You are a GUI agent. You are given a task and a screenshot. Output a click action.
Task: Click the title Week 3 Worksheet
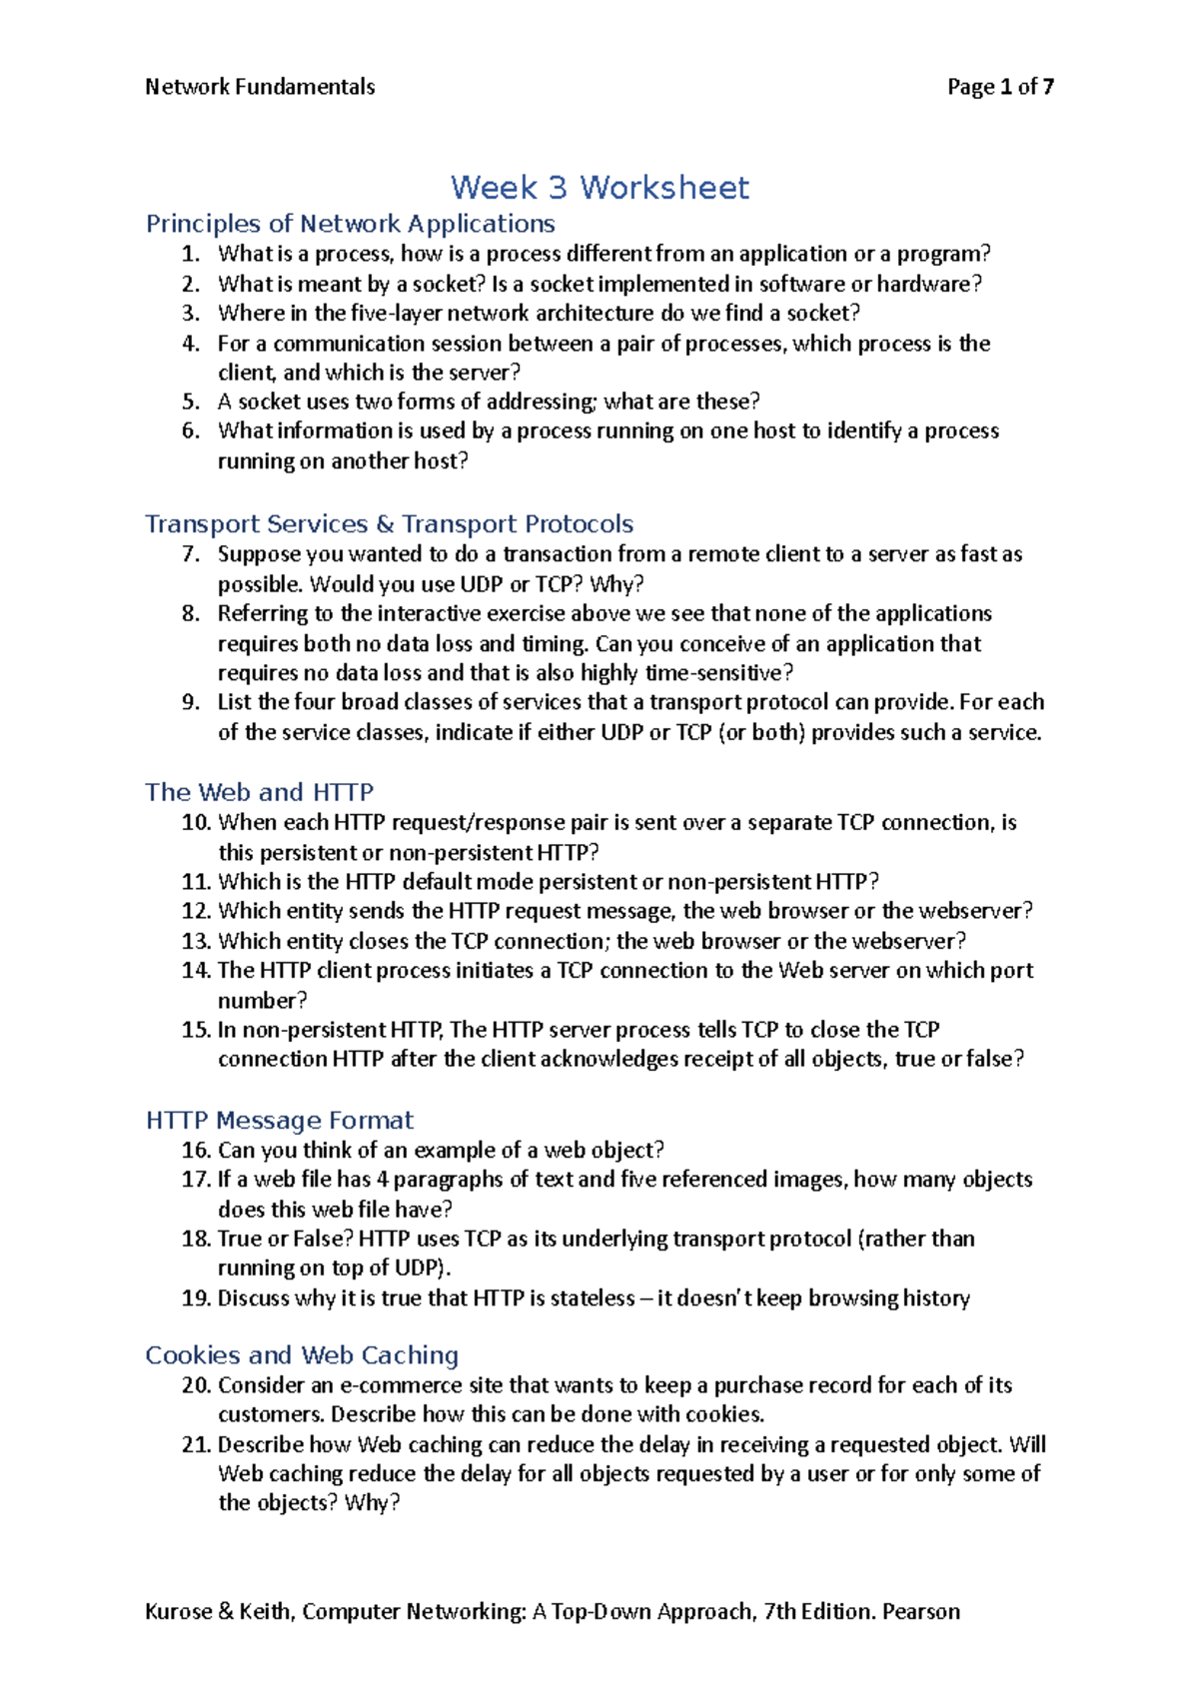point(599,188)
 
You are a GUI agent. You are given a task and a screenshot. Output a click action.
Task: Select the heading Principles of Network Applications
point(350,224)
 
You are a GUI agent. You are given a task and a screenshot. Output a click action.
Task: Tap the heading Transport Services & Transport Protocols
point(389,524)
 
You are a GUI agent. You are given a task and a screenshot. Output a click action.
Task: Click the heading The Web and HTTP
point(259,792)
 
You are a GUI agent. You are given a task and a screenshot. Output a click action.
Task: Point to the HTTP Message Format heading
point(279,1121)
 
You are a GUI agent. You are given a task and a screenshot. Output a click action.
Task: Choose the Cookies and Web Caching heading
point(302,1355)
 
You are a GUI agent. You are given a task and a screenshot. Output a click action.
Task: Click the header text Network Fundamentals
point(260,87)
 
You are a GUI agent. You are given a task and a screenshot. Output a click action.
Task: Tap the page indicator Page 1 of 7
point(1000,87)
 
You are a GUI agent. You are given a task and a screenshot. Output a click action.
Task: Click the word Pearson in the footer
point(920,1611)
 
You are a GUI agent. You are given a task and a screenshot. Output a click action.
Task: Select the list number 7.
point(192,554)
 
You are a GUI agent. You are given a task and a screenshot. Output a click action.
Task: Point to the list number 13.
point(196,941)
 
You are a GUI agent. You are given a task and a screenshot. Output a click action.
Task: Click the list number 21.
point(196,1444)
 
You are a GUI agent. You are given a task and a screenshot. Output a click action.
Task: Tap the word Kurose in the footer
point(178,1611)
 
